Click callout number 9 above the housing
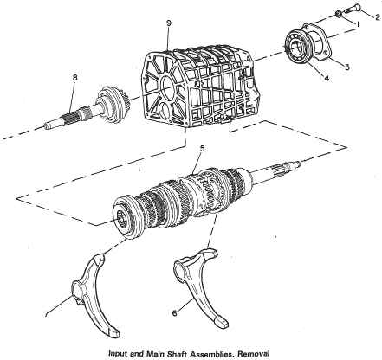169,23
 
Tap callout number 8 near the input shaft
75,77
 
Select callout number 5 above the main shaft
202,148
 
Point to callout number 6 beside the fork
174,312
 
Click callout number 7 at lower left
46,314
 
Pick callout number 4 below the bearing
327,78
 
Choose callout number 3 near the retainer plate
347,67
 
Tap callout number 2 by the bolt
378,17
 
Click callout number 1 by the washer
358,24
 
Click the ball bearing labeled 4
297,48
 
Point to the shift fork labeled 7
93,292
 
